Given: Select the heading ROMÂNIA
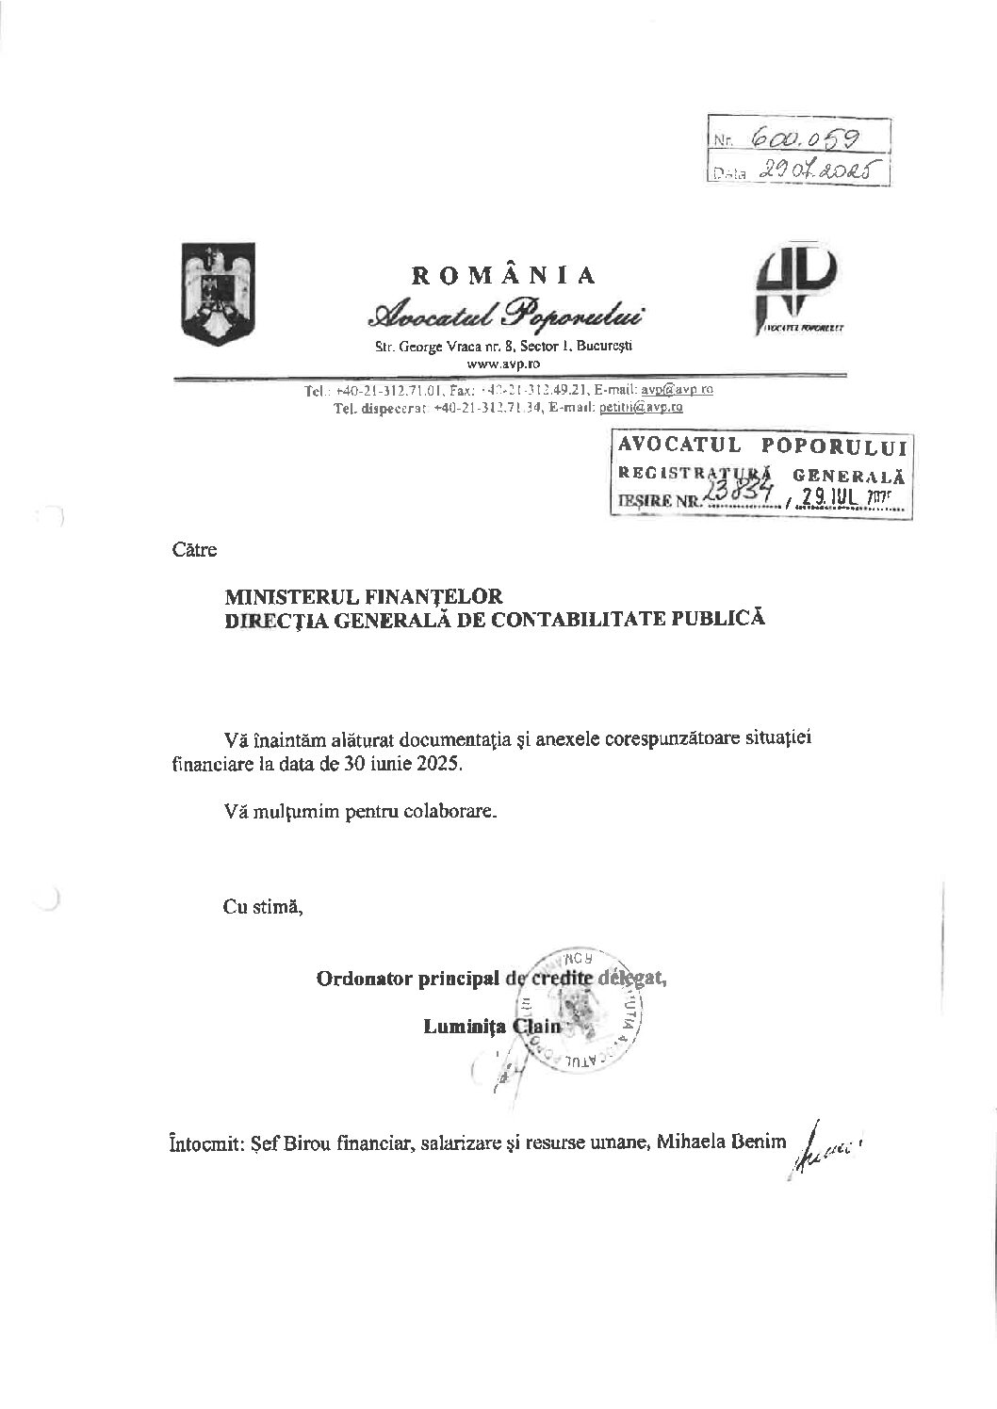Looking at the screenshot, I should pos(504,275).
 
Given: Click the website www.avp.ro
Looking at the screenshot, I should pos(502,363).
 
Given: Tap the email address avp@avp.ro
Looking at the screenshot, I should pos(677,389).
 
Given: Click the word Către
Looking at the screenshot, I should pos(194,550).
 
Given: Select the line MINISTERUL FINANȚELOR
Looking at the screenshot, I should pos(363,596).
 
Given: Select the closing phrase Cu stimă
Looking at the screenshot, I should pos(263,908).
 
